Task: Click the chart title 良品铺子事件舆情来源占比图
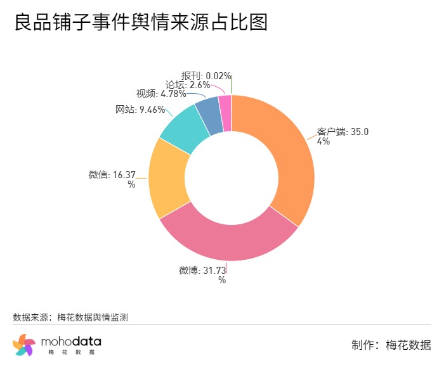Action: point(141,23)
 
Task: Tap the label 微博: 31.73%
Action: point(202,274)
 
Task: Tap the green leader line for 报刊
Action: point(232,84)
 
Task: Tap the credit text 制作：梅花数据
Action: point(391,345)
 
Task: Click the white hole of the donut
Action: point(232,177)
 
